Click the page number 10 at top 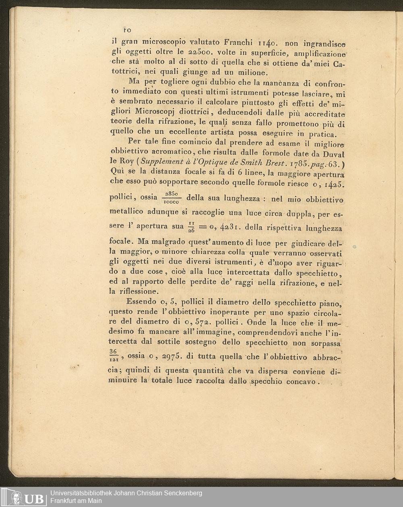[127, 30]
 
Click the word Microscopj [155, 111]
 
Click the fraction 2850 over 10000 [172, 197]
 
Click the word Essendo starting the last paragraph [141, 301]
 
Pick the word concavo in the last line [301, 381]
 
